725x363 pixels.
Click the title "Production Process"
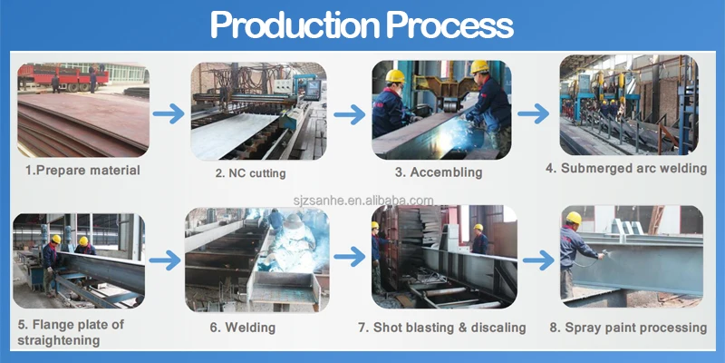coord(362,25)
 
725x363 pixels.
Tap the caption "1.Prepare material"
coord(82,170)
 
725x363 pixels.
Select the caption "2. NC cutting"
coord(250,172)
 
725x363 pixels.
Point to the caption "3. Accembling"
coord(439,172)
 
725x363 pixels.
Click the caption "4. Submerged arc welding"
coord(625,168)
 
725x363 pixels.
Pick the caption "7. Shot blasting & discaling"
coord(442,327)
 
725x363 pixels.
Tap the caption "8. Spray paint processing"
coord(627,327)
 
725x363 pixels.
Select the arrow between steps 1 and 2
coord(169,114)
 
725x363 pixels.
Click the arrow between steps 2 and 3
coord(349,114)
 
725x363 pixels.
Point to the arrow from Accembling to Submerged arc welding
coord(534,114)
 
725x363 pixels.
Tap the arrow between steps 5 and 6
coord(165,261)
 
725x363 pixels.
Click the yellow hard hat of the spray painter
coord(573,219)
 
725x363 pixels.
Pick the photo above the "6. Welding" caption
coord(256,259)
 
